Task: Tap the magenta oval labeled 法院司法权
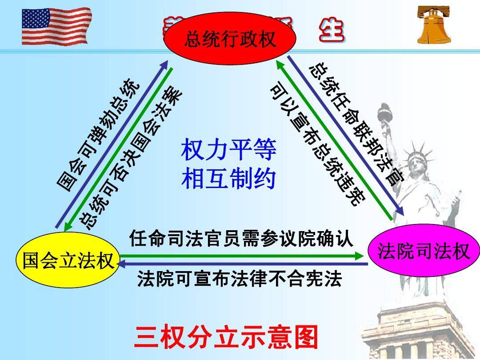424,252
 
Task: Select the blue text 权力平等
229,150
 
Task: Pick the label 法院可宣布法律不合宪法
240,279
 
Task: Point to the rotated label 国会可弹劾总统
99,135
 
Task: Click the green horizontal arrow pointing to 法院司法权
242,256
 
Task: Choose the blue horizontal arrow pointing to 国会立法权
242,264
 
